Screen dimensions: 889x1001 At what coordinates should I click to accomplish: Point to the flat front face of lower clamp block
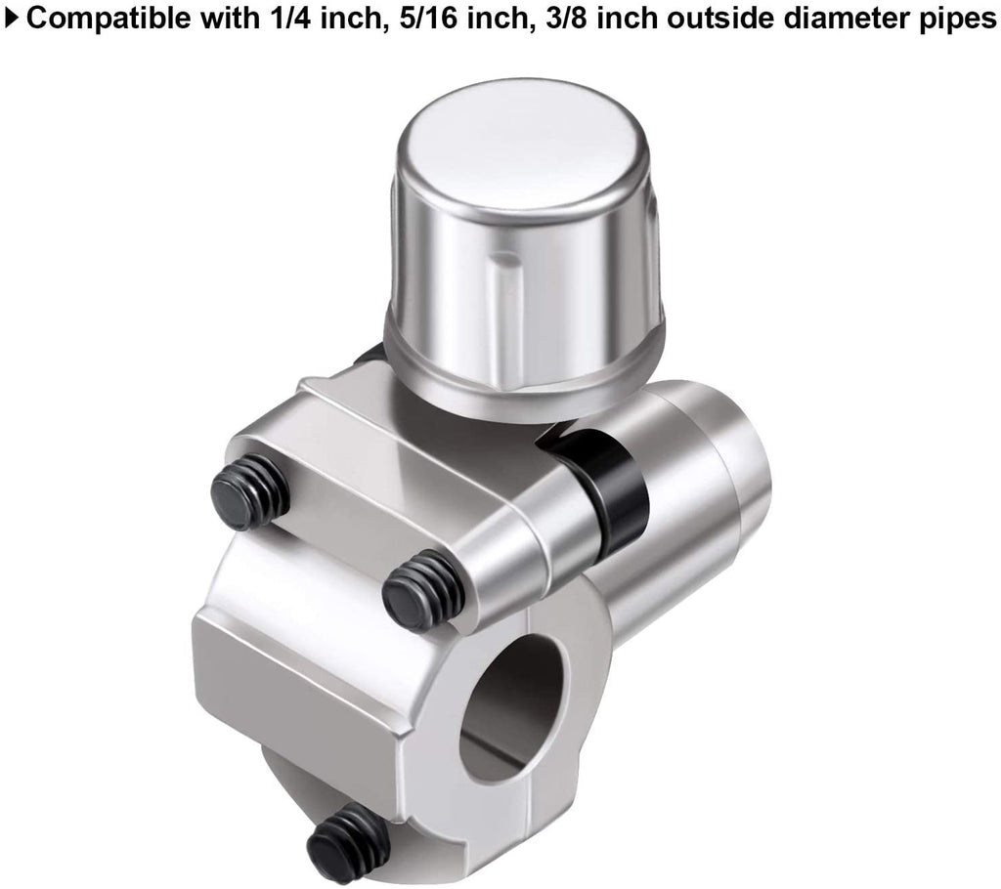point(293,703)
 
